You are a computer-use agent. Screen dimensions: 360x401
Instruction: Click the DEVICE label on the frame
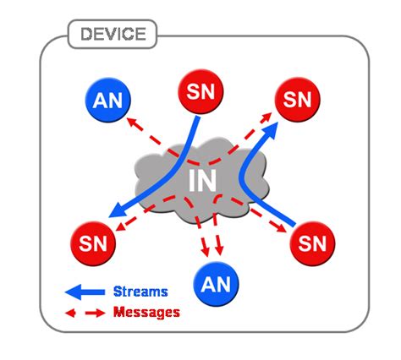click(x=113, y=35)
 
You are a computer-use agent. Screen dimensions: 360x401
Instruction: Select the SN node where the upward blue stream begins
click(x=314, y=244)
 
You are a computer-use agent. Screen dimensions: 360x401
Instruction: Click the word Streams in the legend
click(x=140, y=292)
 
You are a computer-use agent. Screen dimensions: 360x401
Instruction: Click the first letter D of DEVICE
click(x=85, y=35)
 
